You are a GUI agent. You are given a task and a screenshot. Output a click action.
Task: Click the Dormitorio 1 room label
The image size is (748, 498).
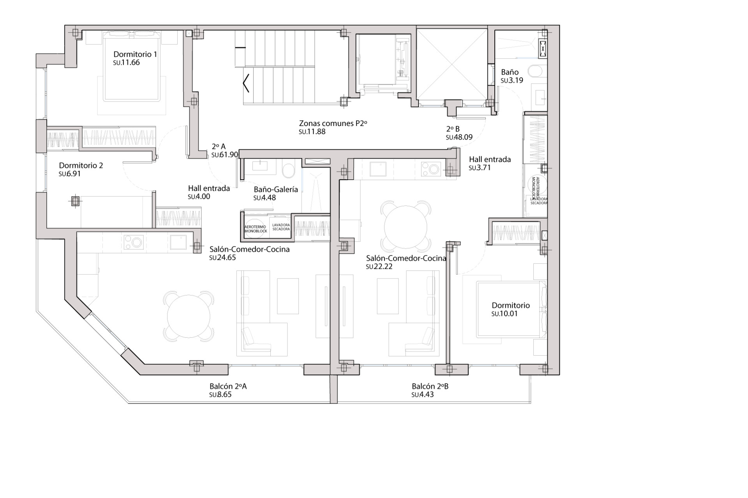[135, 54]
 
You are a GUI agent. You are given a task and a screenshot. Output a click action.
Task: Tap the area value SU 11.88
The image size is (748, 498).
[312, 132]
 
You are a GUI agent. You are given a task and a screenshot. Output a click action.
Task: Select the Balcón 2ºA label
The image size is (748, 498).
[228, 386]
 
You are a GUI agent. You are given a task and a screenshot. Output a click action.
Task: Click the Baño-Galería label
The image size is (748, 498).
[276, 189]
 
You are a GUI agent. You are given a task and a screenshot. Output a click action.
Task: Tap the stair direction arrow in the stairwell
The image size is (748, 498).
[245, 84]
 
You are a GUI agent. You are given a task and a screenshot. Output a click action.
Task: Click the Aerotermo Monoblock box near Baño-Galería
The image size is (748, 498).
[256, 229]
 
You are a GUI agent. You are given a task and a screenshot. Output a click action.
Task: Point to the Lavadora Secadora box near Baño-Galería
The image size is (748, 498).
[281, 227]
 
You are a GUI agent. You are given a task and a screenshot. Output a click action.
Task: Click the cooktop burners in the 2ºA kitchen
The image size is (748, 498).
[133, 242]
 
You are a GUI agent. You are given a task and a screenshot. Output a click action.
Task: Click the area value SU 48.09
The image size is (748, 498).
[459, 137]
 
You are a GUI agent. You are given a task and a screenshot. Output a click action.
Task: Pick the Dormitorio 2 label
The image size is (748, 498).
[81, 166]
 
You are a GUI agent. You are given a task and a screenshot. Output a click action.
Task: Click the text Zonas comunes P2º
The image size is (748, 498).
[333, 124]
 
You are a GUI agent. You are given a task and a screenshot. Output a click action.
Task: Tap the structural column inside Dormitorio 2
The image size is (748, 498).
[75, 201]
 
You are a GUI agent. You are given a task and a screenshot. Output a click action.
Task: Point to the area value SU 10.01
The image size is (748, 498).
[505, 314]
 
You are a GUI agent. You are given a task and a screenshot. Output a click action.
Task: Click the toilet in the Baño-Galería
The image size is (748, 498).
[288, 170]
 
